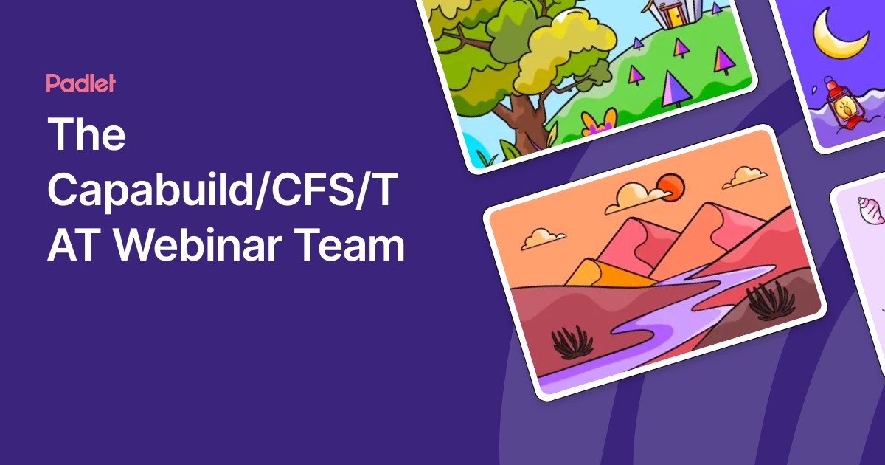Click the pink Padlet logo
pyautogui.click(x=80, y=83)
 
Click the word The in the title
pyautogui.click(x=87, y=134)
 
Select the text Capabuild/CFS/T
pyautogui.click(x=222, y=190)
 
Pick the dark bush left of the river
pyautogui.click(x=572, y=341)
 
